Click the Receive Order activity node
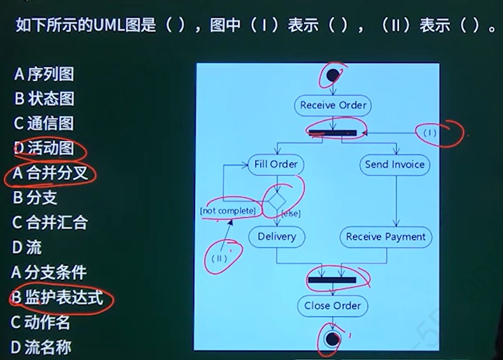coord(333,105)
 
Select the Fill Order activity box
coord(275,164)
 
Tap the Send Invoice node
coord(395,164)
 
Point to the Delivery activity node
coord(277,236)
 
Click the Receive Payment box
coord(386,236)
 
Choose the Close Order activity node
coord(332,306)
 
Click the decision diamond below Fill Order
coord(276,201)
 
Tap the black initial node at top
coord(332,76)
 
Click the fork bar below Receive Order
coord(332,133)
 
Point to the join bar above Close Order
coord(332,279)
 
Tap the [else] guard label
coord(291,213)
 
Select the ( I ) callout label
coord(430,133)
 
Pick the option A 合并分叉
coord(49,173)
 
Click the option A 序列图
coord(43,75)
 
